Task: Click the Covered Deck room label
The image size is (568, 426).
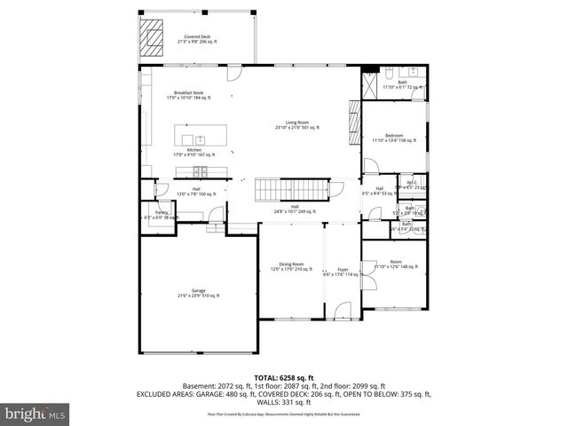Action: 198,39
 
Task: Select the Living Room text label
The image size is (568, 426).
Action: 296,125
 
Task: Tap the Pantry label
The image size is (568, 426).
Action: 162,215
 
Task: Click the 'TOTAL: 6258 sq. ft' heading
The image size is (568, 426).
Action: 283,377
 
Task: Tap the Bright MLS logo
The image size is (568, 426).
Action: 35,414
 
